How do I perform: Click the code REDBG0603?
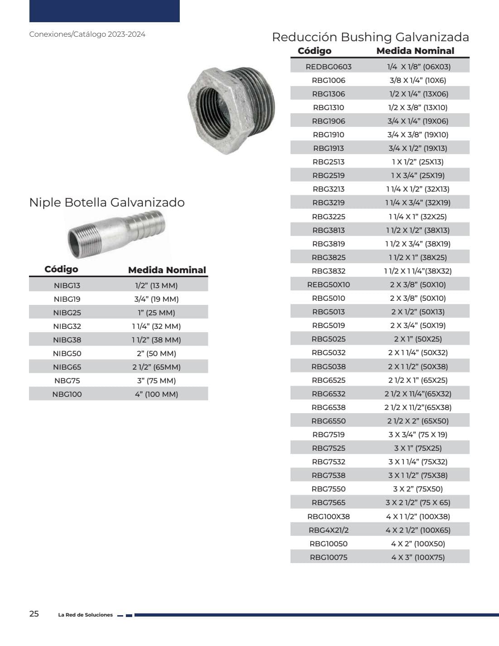[x=328, y=67]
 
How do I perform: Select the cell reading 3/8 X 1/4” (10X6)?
[x=417, y=80]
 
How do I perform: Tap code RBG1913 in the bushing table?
[x=328, y=148]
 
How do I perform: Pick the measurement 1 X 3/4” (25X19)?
[x=417, y=175]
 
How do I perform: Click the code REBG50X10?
[x=328, y=285]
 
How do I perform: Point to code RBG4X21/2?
[x=328, y=530]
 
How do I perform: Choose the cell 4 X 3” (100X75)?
[x=417, y=557]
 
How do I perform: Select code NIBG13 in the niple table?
[x=67, y=286]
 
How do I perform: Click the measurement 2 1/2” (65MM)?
[x=157, y=367]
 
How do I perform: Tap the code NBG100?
[x=67, y=395]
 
